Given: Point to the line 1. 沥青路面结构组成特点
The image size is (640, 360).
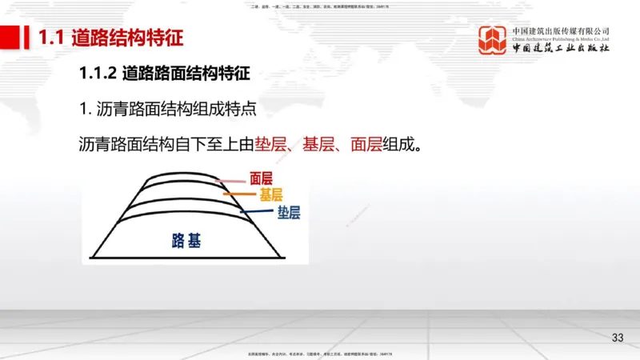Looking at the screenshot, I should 167,109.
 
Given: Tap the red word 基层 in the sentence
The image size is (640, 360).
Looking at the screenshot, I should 319,145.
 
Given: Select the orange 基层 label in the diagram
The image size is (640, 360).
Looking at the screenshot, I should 270,195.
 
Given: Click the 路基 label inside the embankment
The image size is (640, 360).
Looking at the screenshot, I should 186,239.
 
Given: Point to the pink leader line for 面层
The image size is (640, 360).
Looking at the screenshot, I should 233,182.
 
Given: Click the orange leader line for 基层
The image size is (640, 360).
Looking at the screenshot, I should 239,194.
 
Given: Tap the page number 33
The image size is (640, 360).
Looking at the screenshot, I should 617,337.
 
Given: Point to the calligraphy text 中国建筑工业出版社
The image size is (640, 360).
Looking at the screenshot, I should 560,48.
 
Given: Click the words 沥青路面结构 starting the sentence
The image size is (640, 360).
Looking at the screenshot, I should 127,145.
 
